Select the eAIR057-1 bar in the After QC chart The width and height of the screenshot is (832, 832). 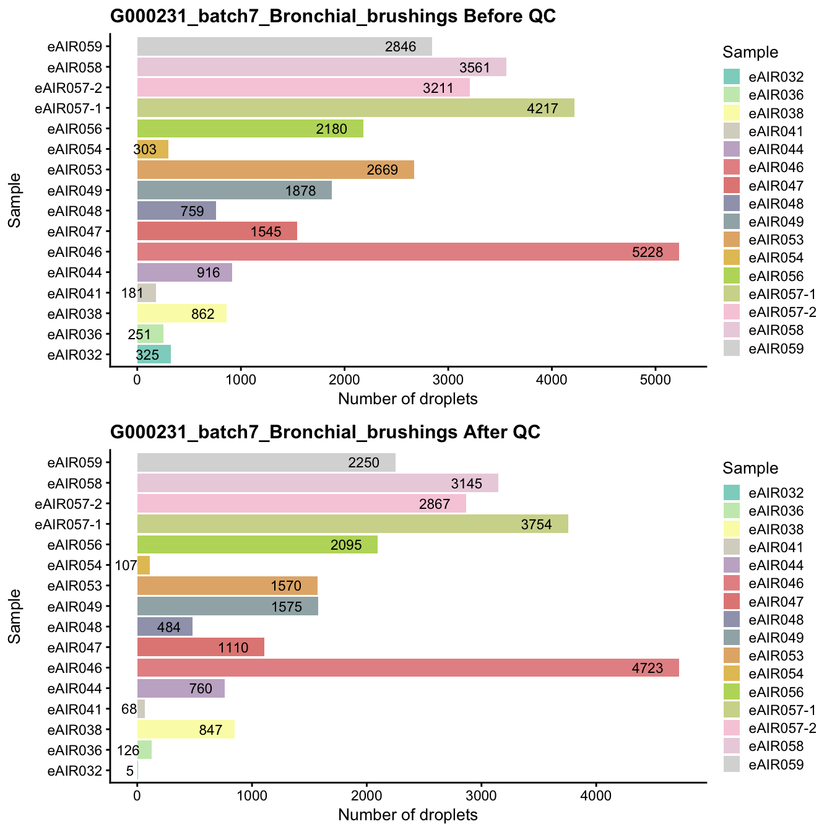point(352,524)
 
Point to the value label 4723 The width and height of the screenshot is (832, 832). point(648,669)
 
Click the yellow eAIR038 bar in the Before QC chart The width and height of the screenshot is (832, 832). point(181,314)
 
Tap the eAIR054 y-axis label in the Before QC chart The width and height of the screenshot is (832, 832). point(79,149)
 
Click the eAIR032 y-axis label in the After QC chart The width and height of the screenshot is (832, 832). point(79,771)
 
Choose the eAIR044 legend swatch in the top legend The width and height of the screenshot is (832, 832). point(732,149)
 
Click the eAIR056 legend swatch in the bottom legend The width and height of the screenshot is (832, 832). point(732,692)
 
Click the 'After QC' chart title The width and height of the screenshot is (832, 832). point(325,432)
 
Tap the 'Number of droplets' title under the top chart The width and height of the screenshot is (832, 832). point(408,399)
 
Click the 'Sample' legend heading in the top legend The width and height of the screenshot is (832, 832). point(750,53)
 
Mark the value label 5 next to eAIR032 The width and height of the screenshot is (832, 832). point(129,771)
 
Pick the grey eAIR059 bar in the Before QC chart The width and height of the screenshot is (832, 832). point(284,46)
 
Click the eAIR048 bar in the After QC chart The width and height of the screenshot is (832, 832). point(164,627)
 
